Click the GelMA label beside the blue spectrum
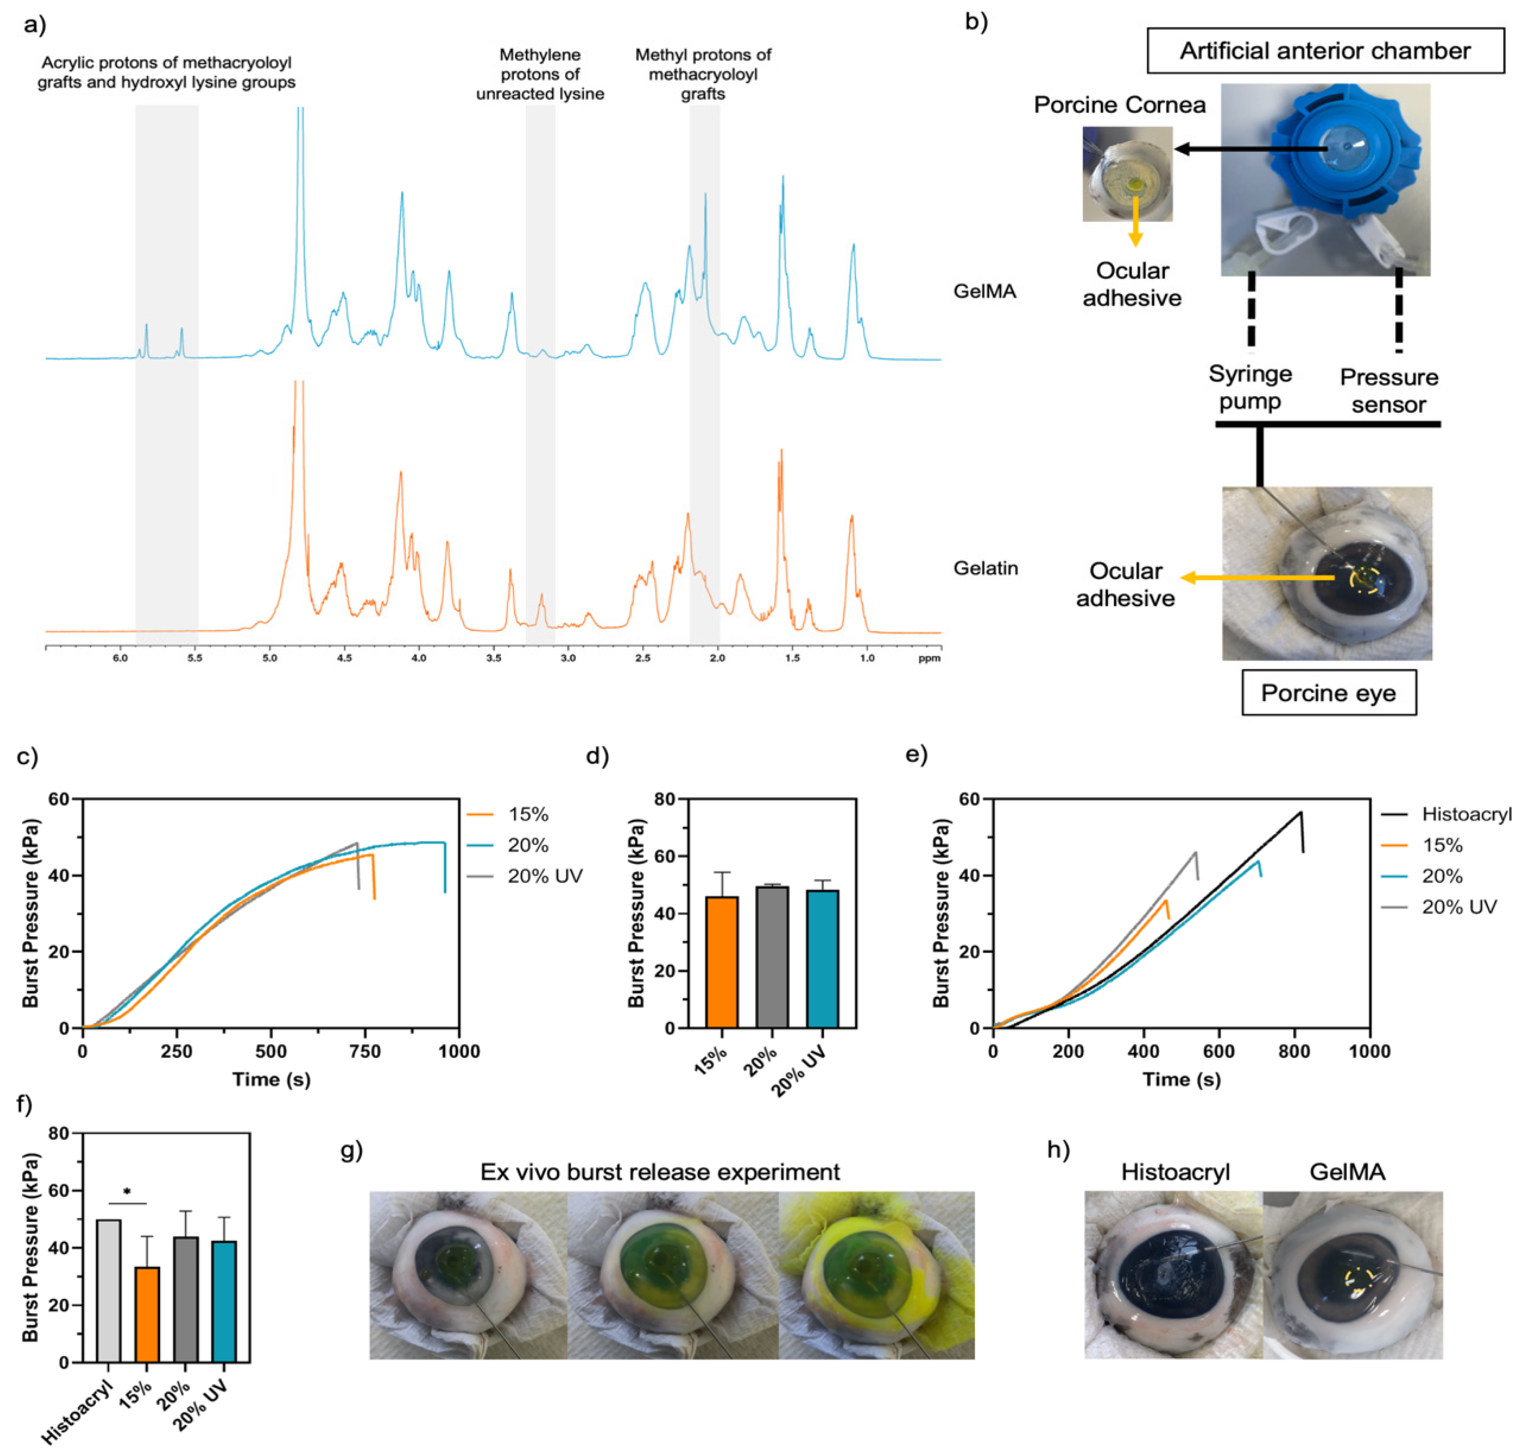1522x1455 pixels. coord(984,292)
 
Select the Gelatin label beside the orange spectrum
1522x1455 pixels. coord(985,568)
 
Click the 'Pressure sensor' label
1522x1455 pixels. coord(1389,391)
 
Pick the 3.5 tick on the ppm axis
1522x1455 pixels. coord(494,658)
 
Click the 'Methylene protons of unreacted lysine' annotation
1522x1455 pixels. coord(540,75)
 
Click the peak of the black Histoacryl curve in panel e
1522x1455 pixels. coord(1300,813)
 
